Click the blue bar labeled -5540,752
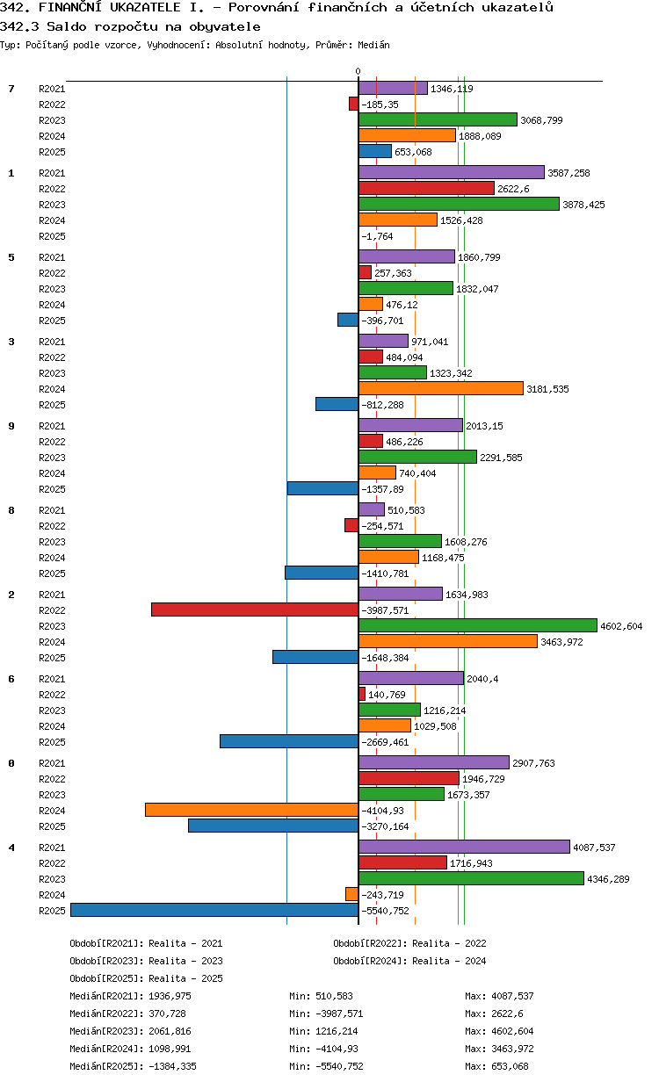coord(214,910)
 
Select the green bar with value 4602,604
coord(478,625)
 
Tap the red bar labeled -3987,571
coord(255,610)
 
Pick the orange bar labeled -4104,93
coord(251,810)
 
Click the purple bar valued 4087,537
coord(464,847)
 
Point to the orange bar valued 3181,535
coord(440,388)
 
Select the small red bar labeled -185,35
coord(353,104)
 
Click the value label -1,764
coord(377,236)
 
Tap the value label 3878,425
coord(583,205)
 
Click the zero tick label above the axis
coord(358,71)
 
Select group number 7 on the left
coord(11,89)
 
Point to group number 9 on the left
coord(11,426)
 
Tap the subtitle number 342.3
coord(19,26)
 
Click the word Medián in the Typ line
coord(373,45)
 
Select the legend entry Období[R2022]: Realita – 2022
coord(409,943)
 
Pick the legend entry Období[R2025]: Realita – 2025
coord(147,978)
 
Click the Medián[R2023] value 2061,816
coord(170,1031)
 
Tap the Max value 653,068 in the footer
coord(511,1066)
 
